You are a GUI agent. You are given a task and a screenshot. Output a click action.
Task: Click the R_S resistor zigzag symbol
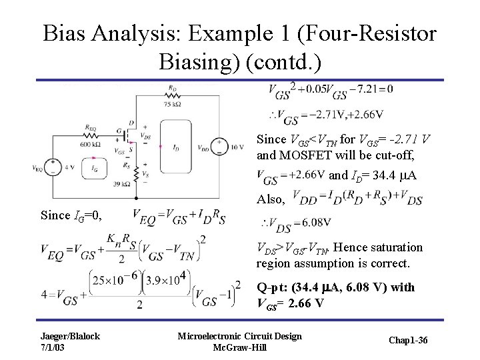(137, 175)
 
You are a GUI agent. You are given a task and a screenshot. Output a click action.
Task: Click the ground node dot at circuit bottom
(137, 199)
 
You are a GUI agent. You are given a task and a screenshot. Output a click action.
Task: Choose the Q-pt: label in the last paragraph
(275, 287)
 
